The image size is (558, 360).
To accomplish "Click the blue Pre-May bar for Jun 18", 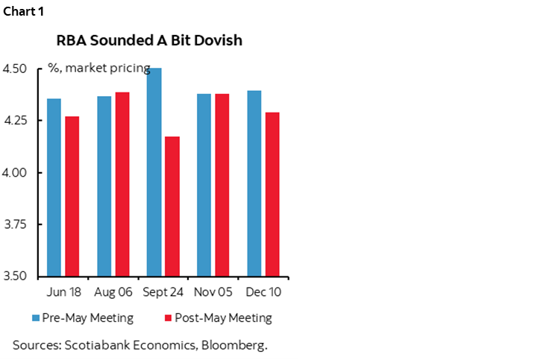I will point(54,187).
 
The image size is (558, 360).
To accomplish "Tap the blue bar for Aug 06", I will point(104,186).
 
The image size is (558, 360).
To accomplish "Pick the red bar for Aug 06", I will point(122,184).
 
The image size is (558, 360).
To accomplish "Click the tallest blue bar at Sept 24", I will point(154,172).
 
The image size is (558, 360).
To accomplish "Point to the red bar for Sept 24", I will point(172,206).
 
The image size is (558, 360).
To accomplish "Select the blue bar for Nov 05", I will point(204,185).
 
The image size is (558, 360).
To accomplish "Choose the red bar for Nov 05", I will point(222,185).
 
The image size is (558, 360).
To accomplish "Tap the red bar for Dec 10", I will point(272,195).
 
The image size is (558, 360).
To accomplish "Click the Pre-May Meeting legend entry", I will point(83,318).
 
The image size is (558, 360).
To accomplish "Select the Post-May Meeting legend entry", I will point(216,318).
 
